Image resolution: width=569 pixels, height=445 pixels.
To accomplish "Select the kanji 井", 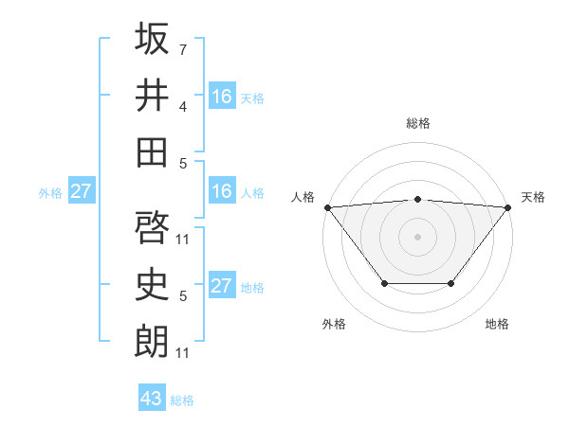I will point(152,95).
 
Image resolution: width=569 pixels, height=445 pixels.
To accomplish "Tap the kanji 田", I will point(152,151).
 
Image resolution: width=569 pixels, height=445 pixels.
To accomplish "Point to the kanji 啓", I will point(152,226).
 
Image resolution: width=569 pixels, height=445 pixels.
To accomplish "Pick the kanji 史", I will point(152,285).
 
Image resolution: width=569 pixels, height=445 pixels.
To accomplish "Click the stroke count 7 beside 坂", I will point(182,48).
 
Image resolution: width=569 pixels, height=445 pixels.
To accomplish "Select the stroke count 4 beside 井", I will point(182,107).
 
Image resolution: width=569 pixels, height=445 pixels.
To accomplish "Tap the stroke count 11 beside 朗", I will point(184,353).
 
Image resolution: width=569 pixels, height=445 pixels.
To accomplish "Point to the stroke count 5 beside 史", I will point(182,297).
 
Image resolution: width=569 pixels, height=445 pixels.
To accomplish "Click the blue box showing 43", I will point(152,399).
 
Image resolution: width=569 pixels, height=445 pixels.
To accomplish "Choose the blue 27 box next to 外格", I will point(81,191).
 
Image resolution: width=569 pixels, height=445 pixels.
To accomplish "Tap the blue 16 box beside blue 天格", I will point(222,96).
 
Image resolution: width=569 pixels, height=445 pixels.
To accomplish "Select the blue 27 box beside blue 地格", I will point(222,286).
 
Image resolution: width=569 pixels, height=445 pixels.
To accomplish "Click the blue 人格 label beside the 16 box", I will point(252,193).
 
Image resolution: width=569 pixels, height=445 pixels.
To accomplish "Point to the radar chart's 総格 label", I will point(417,123).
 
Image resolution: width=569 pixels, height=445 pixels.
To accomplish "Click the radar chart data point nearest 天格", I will point(507,206).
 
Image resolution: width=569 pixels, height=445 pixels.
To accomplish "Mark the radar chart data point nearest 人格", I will point(327,206).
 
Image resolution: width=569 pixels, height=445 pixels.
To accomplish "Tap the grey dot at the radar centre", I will point(417,236).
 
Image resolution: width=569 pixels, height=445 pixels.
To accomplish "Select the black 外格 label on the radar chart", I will point(334,324).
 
